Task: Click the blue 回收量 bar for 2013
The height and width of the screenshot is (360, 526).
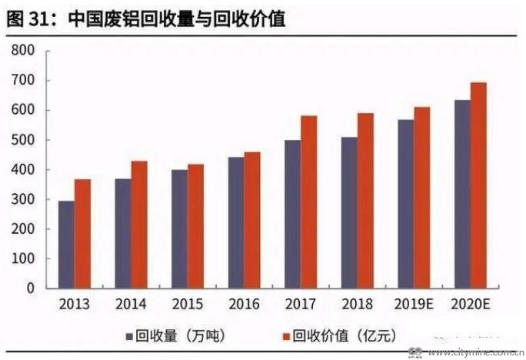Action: [x=66, y=245]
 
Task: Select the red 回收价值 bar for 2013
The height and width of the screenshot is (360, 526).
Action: [x=82, y=234]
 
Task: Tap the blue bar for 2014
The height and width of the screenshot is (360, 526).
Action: [x=123, y=234]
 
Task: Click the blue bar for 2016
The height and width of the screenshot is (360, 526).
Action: [x=236, y=223]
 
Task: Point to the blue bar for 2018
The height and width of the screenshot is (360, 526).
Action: [x=349, y=213]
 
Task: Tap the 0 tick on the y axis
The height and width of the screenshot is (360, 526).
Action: [x=32, y=288]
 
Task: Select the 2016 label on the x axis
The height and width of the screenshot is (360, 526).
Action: [x=244, y=304]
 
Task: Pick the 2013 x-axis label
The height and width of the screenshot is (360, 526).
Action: [x=74, y=304]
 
